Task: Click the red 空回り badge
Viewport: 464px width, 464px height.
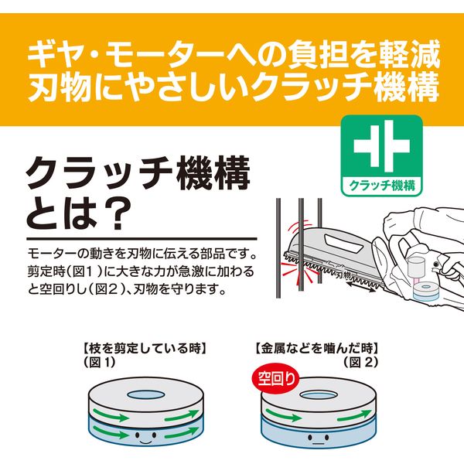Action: pyautogui.click(x=275, y=379)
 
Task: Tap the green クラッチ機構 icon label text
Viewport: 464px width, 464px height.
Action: pyautogui.click(x=382, y=186)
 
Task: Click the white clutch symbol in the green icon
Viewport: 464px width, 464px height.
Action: pyautogui.click(x=382, y=146)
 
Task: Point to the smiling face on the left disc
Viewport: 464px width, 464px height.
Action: pyautogui.click(x=145, y=438)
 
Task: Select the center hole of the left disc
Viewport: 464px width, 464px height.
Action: pyautogui.click(x=146, y=394)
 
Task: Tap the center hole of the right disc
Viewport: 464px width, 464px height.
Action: pyautogui.click(x=319, y=395)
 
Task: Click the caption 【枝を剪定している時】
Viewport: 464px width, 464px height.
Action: pyautogui.click(x=145, y=348)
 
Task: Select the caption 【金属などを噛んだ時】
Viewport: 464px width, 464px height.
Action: pyautogui.click(x=316, y=348)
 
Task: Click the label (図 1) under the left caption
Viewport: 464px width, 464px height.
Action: pyautogui.click(x=100, y=362)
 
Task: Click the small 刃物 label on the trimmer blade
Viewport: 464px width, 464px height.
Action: pyautogui.click(x=343, y=276)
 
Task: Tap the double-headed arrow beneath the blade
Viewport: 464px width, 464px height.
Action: pyautogui.click(x=360, y=287)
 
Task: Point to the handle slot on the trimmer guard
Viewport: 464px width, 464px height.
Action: pyautogui.click(x=342, y=241)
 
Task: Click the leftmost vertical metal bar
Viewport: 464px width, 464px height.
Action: pyautogui.click(x=278, y=248)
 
